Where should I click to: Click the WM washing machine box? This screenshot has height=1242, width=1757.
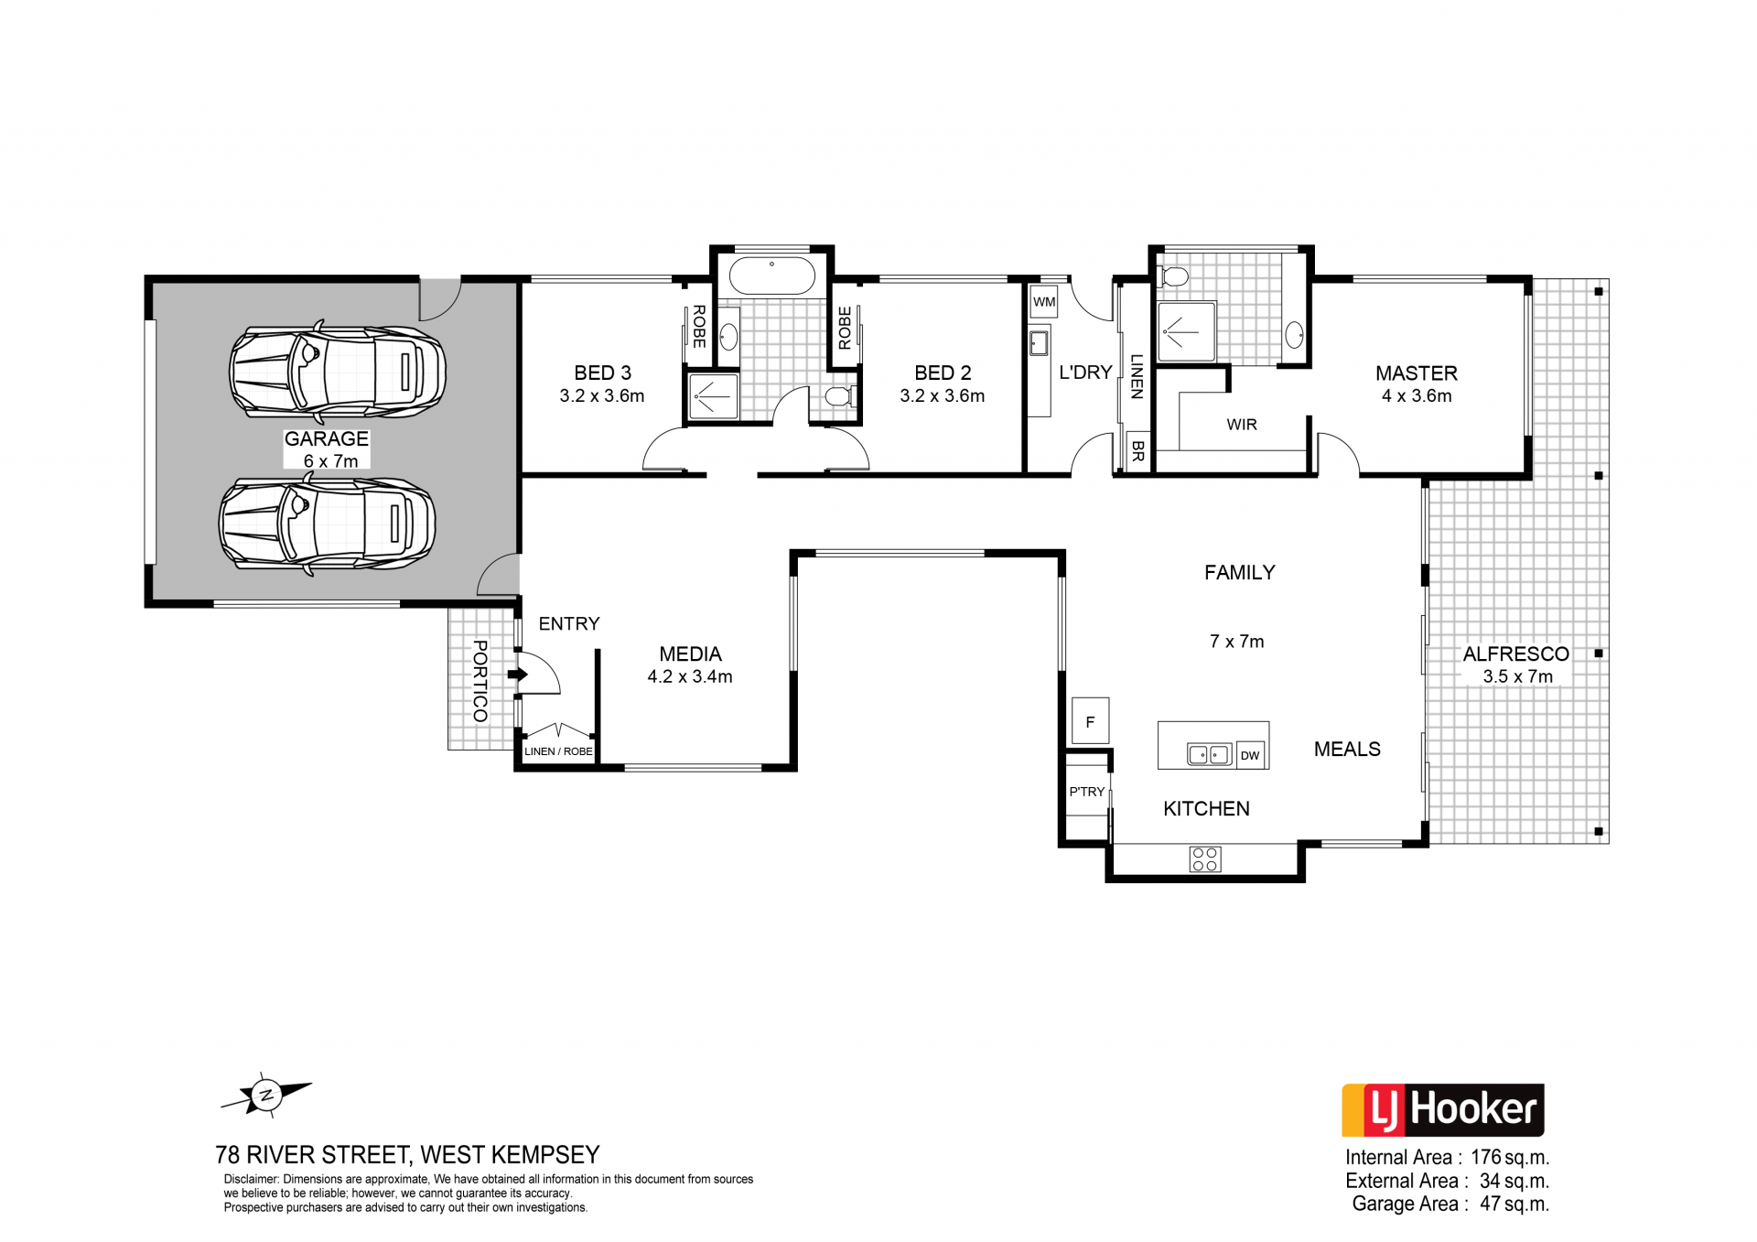(1044, 302)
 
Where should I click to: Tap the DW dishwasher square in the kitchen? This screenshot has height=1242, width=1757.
(1250, 755)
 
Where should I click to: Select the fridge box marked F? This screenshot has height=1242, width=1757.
(1090, 721)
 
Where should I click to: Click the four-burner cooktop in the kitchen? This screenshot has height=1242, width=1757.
(1205, 859)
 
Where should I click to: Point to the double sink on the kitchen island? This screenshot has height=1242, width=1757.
(1209, 754)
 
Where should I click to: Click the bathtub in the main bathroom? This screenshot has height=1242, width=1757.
(771, 276)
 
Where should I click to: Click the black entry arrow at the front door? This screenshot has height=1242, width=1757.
(518, 675)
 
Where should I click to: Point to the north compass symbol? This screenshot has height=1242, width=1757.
(266, 1095)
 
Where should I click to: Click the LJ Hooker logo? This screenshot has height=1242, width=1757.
(1443, 1110)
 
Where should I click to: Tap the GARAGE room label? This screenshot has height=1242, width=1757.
(327, 439)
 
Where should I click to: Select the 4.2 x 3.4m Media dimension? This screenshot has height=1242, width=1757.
(690, 677)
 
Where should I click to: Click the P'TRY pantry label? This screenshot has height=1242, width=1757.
(1087, 792)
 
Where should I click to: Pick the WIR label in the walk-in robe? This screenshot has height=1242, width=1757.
(1242, 425)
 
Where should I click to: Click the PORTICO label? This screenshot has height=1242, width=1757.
(480, 681)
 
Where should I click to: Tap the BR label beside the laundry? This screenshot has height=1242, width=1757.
(1137, 450)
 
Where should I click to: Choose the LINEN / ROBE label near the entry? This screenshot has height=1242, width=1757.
(558, 751)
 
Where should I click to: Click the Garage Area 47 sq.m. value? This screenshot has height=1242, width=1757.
(1514, 1204)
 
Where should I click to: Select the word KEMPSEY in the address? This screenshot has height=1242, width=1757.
(545, 1155)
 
